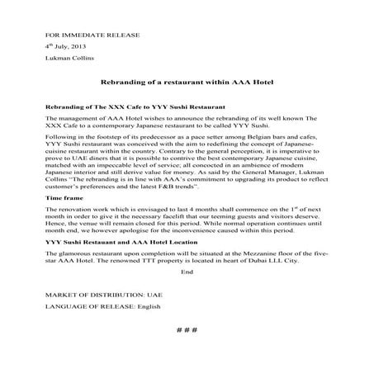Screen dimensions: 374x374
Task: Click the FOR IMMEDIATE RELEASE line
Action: click(x=80, y=36)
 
